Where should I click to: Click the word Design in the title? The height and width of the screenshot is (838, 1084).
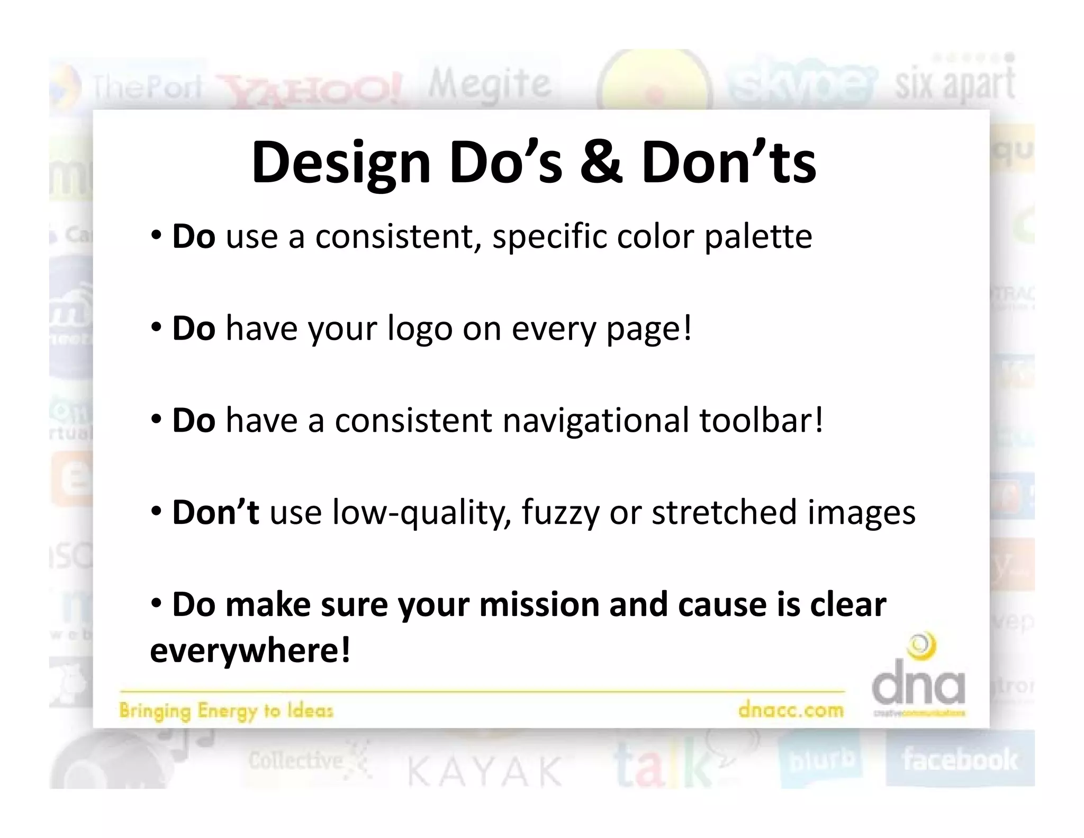pos(341,163)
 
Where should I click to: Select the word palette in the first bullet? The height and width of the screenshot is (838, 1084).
pos(758,237)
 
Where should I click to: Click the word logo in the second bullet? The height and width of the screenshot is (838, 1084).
pos(420,329)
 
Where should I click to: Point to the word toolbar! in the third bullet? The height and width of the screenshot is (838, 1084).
pos(761,420)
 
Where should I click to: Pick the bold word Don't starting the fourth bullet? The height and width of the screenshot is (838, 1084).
pos(216,512)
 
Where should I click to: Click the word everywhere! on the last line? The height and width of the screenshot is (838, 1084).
pos(250,650)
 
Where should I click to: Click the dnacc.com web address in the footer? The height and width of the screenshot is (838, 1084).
pos(791,709)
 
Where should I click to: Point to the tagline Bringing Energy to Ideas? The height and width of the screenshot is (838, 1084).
pos(226,710)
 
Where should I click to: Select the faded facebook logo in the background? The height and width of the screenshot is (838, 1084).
pos(960,760)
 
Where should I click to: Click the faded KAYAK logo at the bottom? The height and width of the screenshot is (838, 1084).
pos(484,771)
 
